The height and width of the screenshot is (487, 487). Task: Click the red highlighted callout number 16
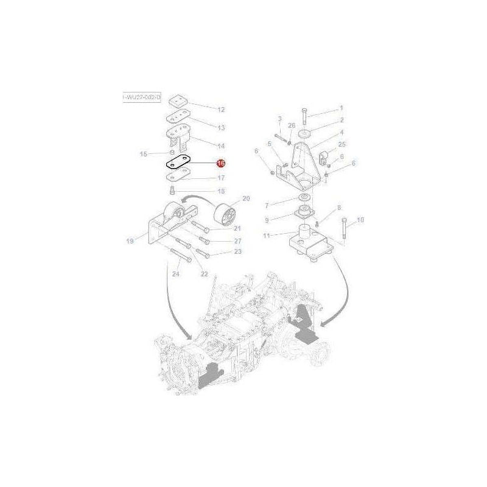[221, 163]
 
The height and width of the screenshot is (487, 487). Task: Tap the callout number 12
[204, 110]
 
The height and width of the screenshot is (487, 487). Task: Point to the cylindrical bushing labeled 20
[228, 215]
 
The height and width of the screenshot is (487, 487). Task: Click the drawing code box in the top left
[141, 97]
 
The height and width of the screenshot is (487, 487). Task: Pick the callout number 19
[130, 242]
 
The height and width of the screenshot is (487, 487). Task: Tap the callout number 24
[175, 274]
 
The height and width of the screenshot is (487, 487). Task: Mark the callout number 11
[266, 236]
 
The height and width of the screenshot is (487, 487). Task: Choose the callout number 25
[342, 144]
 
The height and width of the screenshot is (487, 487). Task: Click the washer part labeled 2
[304, 133]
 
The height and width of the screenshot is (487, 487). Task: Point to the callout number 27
[221, 241]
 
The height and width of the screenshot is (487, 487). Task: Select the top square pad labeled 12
[178, 100]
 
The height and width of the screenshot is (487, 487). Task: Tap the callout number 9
[266, 220]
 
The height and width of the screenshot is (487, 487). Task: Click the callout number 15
[144, 154]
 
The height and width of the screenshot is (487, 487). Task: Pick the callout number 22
[205, 274]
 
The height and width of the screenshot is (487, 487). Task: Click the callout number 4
[342, 132]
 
